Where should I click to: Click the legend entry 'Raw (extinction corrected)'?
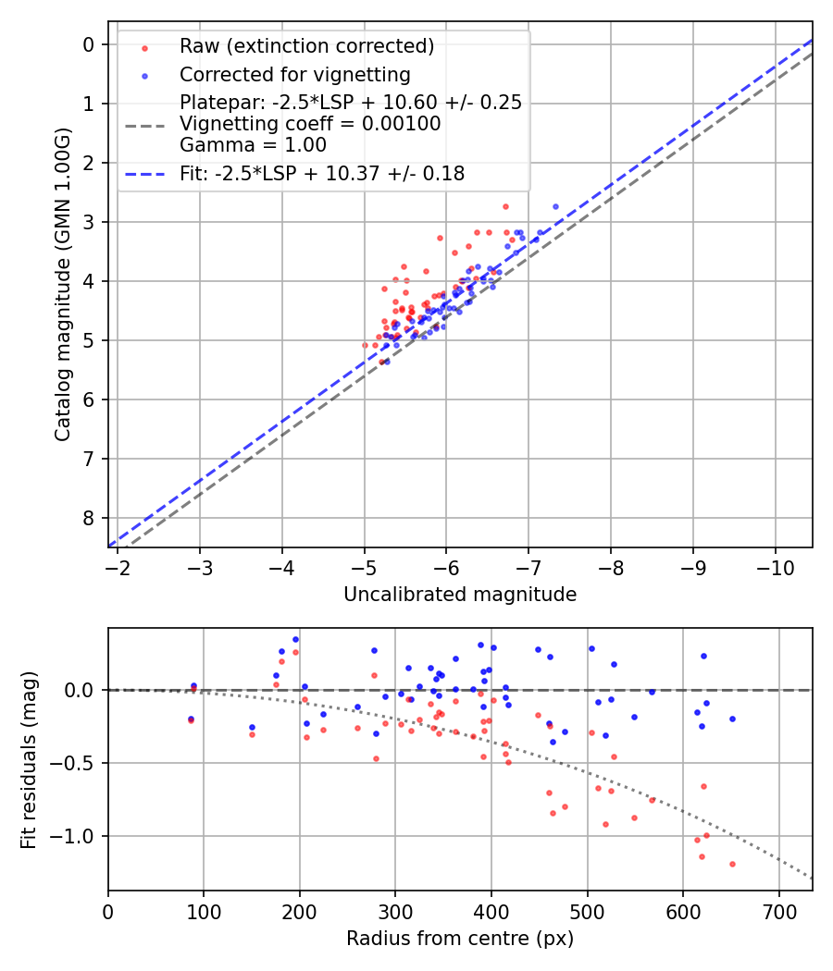[306, 46]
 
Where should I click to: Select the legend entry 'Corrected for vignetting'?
[295, 74]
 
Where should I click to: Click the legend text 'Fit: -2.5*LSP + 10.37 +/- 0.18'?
[322, 173]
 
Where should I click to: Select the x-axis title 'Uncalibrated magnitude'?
[460, 595]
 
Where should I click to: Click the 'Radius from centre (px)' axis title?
[460, 939]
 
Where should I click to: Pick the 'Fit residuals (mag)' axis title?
[29, 759]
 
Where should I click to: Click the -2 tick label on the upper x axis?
[118, 565]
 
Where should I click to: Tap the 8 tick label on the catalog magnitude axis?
[89, 518]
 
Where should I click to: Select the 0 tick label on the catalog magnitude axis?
[89, 44]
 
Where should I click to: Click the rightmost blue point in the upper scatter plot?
[555, 206]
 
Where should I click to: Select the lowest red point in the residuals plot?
[732, 864]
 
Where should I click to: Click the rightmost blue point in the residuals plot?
[732, 719]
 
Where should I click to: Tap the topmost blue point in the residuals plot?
[295, 639]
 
